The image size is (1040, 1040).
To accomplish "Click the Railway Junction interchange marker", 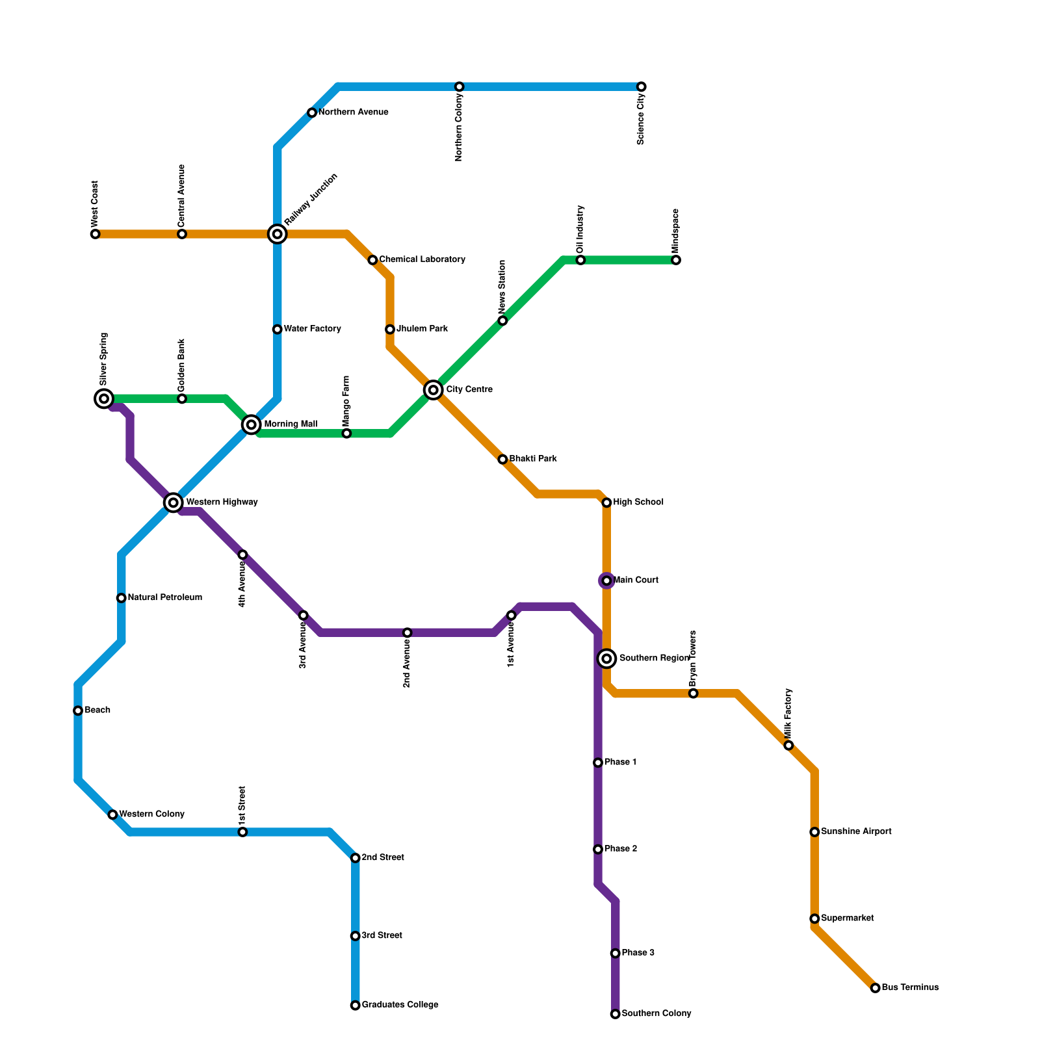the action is pos(278,234).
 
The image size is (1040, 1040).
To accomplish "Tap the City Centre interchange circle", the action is pos(434,390).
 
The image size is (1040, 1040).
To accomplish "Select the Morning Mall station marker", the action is pos(252,425).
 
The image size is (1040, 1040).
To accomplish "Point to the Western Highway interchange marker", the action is pos(173,502).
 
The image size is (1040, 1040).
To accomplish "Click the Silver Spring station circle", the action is pos(104,398).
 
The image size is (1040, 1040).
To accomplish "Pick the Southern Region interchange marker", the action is pos(606,658).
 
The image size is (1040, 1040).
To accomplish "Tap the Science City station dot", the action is pos(642,87).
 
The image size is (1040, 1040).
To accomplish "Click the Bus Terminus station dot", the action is pos(876,988).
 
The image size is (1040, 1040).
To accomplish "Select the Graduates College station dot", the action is pos(356,1006).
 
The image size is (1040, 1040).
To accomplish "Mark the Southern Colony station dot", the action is pos(616,1014).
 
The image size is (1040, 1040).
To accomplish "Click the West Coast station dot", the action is pos(96,234).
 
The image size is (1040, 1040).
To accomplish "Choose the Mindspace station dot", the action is pos(676,260).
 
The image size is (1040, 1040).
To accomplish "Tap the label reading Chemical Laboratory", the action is pos(422,260).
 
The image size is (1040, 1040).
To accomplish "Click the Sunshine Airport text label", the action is pos(855,832).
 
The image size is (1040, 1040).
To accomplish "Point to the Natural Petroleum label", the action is pos(164,598).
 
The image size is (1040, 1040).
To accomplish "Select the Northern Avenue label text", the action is pos(353,112).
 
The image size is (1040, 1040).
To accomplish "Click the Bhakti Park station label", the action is pos(532,459).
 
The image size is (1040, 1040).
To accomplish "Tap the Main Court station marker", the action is pos(606,580).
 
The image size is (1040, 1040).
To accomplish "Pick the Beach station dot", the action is pos(78,710).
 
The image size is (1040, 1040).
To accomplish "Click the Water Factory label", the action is pos(312,329).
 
